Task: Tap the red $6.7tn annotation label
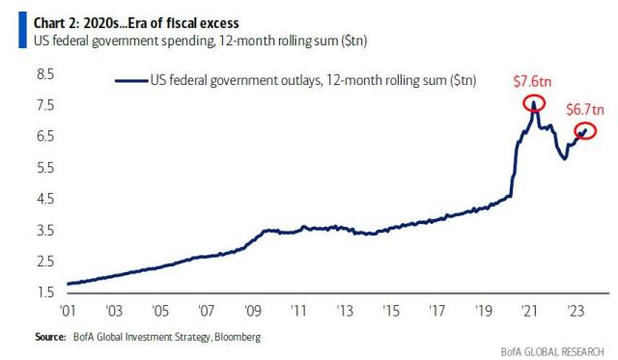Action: tap(584, 109)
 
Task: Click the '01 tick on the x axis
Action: tap(67, 313)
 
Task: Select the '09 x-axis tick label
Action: tap(252, 313)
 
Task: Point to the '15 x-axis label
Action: tap(391, 313)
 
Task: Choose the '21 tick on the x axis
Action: tap(529, 313)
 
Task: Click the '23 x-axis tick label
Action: tap(576, 313)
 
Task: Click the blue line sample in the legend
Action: tap(129, 81)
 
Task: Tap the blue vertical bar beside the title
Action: tap(10, 31)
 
